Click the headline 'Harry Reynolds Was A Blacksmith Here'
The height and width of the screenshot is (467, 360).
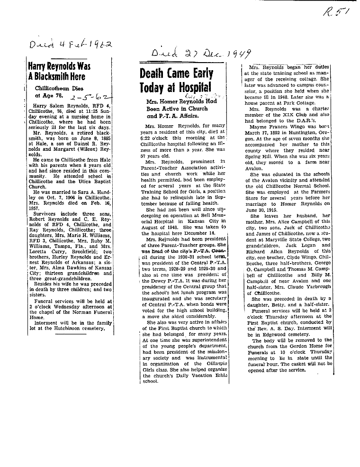[59, 71]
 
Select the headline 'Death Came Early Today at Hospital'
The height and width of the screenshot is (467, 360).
[177, 80]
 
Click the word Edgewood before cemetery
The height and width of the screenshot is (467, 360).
[270, 334]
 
